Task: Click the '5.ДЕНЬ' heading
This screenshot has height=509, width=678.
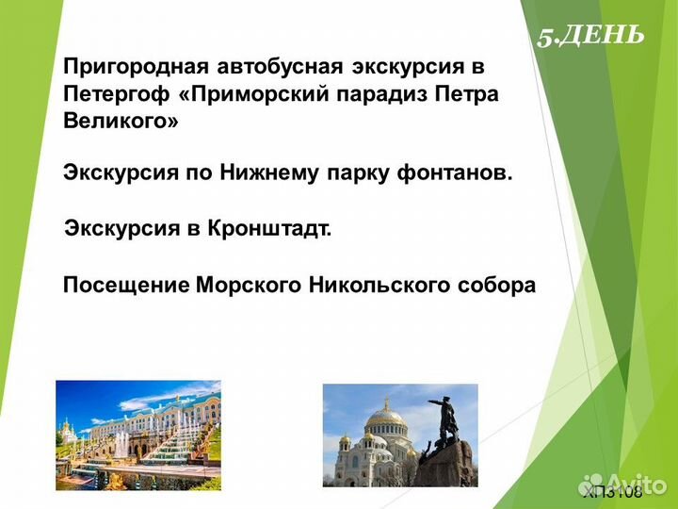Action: [x=590, y=36]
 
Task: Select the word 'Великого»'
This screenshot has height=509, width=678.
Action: [x=121, y=122]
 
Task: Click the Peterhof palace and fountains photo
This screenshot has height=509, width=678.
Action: [x=138, y=435]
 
